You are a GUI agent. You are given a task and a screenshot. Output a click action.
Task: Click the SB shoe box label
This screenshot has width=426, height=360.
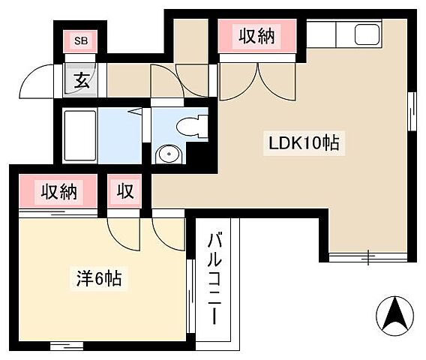[x=79, y=40]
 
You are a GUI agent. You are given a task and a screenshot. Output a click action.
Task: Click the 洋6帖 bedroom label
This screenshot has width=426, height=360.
[x=99, y=280]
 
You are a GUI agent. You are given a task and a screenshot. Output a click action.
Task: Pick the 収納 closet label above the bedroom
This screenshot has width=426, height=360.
[x=58, y=192]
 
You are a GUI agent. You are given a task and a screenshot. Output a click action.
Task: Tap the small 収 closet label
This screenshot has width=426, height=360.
[x=124, y=192]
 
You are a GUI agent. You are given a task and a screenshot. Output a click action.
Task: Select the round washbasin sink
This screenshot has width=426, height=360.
[x=168, y=154]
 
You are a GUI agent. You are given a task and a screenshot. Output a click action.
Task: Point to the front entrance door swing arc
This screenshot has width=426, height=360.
[x=37, y=81]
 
